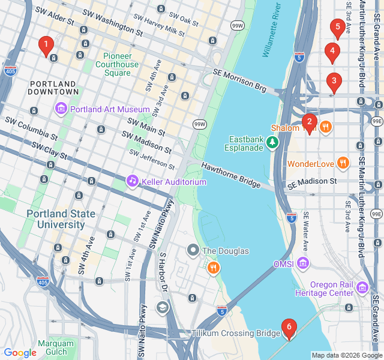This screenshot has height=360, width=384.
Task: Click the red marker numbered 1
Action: [x=46, y=44]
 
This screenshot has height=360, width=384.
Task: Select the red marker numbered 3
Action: [x=334, y=82]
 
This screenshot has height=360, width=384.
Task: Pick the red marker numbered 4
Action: [x=332, y=52]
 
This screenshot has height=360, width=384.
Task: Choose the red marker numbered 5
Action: [x=337, y=28]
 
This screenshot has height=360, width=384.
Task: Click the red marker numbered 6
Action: [x=289, y=328]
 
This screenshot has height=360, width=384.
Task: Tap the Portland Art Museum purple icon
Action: [x=61, y=109]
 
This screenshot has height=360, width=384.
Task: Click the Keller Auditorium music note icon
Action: [x=132, y=181]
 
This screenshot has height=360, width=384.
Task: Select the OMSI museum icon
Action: [x=303, y=263]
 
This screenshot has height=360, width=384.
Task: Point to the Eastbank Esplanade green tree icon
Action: [x=273, y=142]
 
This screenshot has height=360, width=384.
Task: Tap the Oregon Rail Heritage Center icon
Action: [x=361, y=288]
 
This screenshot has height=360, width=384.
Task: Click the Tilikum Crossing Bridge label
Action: [x=236, y=333]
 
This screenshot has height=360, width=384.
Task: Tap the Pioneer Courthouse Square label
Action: [x=117, y=64]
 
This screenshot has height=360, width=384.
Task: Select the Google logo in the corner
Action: [x=20, y=353]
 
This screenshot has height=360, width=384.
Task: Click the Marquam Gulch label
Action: [x=56, y=348]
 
